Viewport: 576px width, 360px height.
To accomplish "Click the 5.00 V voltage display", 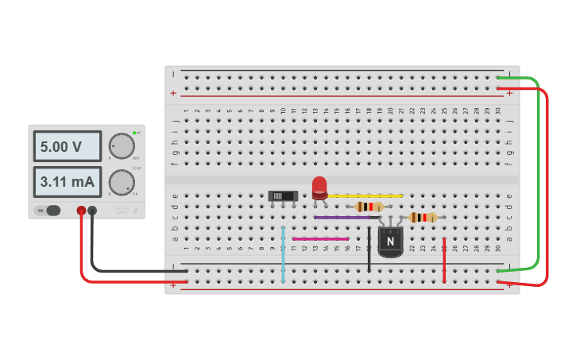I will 68,147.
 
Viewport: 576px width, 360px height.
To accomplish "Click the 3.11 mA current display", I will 68,182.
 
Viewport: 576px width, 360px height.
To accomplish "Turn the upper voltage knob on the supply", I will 122,146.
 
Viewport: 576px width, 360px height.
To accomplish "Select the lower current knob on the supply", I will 122,182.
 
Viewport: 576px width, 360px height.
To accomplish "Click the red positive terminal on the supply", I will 81,211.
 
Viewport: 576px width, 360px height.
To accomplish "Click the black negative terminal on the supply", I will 92,211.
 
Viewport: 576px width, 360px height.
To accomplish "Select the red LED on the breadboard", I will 319,188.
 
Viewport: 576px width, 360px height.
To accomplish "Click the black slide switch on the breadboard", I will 283,195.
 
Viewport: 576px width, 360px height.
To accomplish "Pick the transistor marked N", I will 390,241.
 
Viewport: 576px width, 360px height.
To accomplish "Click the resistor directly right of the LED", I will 369,207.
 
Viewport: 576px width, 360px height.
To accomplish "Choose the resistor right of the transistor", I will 423,217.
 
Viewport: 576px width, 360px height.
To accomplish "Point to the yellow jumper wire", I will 365,195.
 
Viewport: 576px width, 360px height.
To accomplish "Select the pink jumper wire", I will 320,238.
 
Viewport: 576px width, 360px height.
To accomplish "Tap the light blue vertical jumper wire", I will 283,254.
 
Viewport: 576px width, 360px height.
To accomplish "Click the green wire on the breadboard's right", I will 539,175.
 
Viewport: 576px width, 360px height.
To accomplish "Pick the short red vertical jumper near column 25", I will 444,260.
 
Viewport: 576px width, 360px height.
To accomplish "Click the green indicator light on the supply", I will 135,132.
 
